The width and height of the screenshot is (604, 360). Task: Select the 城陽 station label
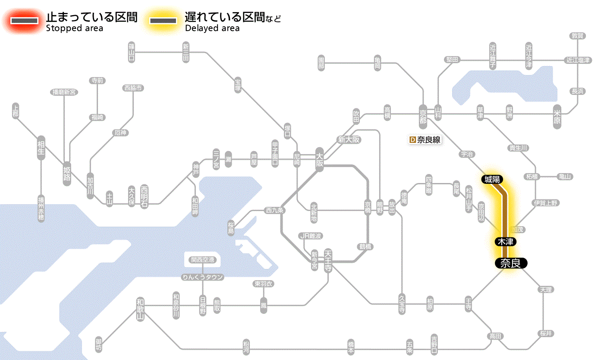pyautogui.click(x=492, y=179)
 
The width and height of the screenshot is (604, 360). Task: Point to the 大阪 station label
pyautogui.click(x=319, y=159)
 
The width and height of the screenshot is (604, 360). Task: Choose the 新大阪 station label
pyautogui.click(x=349, y=140)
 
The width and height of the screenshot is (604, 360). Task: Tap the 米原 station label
pyautogui.click(x=557, y=117)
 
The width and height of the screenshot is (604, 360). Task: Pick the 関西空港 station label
pyautogui.click(x=202, y=260)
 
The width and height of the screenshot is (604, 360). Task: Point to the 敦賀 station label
pyautogui.click(x=577, y=36)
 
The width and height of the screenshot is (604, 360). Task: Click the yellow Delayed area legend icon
pyautogui.click(x=163, y=21)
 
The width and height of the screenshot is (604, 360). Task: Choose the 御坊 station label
pyautogui.click(x=99, y=345)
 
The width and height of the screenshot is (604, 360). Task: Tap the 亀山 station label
pyautogui.click(x=565, y=177)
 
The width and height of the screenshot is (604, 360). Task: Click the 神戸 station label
pyautogui.click(x=196, y=169)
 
